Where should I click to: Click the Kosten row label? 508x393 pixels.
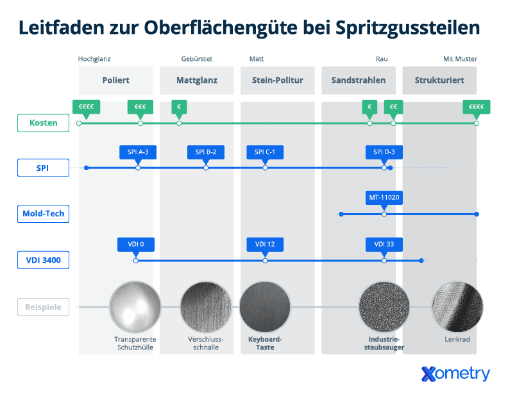click(43, 123)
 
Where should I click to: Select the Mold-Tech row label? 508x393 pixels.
click(43, 214)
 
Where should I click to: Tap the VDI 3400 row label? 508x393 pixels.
click(43, 260)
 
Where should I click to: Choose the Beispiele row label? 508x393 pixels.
click(43, 308)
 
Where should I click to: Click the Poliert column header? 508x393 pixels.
click(116, 80)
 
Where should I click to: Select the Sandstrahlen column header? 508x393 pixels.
click(359, 80)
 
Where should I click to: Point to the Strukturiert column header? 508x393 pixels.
click(439, 80)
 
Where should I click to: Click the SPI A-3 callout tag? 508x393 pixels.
click(138, 152)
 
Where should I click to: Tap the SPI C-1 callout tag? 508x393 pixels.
click(265, 152)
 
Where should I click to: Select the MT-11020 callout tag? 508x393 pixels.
click(384, 198)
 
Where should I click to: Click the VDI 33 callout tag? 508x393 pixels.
click(384, 244)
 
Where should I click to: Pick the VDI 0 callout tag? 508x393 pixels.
click(136, 244)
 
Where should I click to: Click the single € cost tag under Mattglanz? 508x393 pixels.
click(179, 107)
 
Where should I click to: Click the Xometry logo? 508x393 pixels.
click(455, 374)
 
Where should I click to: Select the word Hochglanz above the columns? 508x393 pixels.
click(94, 59)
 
